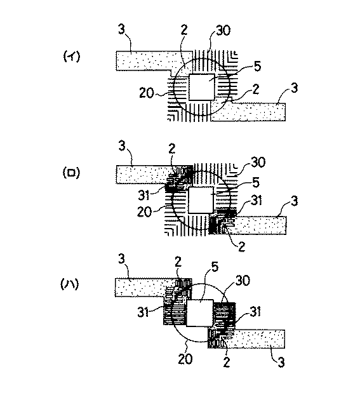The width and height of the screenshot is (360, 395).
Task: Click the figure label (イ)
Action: click(x=70, y=57)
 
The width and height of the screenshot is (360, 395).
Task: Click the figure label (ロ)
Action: click(x=70, y=172)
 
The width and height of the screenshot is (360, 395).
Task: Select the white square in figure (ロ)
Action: click(x=201, y=199)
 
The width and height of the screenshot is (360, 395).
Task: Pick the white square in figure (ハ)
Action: click(x=200, y=312)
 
